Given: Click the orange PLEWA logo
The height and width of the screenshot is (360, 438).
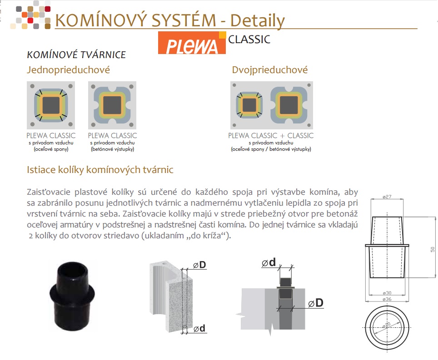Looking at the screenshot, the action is (x=192, y=43).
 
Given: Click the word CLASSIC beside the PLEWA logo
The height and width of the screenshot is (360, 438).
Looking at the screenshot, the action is (x=249, y=39).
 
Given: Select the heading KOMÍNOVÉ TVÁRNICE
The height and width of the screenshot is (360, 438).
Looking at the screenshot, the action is (x=76, y=54).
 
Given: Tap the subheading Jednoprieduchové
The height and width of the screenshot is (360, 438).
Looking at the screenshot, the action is (x=69, y=70).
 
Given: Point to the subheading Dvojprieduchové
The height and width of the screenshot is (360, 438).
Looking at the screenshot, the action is (x=270, y=70).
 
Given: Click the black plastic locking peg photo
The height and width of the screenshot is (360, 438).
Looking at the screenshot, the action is (x=72, y=296).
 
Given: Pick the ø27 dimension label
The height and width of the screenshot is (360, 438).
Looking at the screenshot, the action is (x=387, y=197).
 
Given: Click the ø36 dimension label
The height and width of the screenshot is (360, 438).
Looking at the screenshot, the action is (x=387, y=299).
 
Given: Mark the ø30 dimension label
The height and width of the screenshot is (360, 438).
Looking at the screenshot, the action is (x=387, y=293).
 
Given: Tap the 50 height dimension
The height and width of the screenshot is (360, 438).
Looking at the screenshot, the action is (x=433, y=249).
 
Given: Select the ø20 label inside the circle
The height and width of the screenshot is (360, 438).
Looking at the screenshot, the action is (x=386, y=325).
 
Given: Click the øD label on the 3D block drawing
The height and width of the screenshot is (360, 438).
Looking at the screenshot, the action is (x=199, y=265).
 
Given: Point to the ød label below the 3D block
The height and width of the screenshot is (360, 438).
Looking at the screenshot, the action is (x=199, y=329).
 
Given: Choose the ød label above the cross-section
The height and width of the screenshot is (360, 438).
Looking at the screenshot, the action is (x=269, y=262).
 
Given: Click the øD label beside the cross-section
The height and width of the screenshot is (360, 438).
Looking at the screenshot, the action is (x=316, y=303).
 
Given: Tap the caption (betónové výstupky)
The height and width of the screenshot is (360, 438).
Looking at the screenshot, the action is (x=112, y=149).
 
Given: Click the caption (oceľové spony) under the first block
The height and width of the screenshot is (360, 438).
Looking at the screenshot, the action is (x=51, y=149).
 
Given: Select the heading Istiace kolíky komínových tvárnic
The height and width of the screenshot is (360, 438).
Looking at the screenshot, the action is (x=100, y=170).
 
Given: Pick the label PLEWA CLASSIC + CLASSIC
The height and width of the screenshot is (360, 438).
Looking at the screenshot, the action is (x=271, y=136).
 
